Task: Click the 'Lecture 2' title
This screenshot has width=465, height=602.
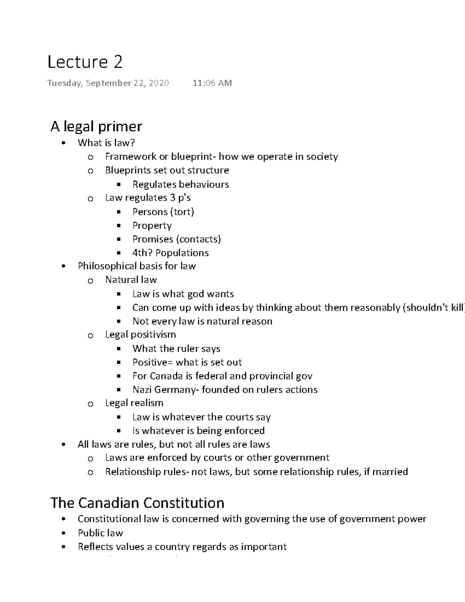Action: point(85,62)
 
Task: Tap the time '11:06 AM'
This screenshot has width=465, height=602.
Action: point(212,83)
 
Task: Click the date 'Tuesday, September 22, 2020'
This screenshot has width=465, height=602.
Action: point(108,83)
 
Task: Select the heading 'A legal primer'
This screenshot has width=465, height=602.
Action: point(96,126)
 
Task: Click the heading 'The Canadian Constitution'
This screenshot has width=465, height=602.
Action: point(137,503)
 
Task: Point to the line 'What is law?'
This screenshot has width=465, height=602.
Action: point(106,143)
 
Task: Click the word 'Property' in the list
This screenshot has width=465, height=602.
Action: point(152,226)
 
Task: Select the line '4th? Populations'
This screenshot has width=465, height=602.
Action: point(170,253)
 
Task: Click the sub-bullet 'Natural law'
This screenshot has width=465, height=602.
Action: point(131,279)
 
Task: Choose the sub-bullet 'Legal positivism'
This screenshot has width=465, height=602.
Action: point(140,335)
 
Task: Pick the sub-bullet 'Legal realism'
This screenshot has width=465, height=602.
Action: point(134,403)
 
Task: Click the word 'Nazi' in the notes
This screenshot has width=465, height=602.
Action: point(142,390)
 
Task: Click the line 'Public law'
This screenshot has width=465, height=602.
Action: point(100,533)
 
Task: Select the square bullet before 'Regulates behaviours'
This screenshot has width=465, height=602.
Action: point(119,185)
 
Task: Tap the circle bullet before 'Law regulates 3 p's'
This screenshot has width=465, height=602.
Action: point(90,198)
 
